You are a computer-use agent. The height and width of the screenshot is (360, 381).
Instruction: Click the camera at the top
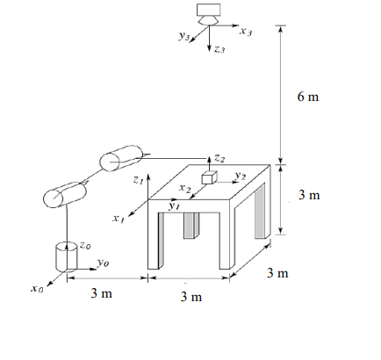click(x=209, y=13)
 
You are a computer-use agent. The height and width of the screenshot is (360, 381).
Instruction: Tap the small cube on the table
click(x=209, y=178)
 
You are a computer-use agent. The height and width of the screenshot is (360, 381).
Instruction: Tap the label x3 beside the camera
click(x=245, y=32)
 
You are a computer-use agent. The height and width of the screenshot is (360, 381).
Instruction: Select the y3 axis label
click(x=184, y=39)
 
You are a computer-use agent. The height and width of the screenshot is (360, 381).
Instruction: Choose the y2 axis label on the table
click(x=238, y=176)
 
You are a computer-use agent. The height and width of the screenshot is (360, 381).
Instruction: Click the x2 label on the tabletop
click(x=184, y=188)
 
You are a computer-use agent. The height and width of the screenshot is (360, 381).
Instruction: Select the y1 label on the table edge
click(x=174, y=206)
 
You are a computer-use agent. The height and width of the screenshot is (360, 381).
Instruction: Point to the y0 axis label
click(x=104, y=262)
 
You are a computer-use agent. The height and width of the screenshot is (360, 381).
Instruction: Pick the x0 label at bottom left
click(x=35, y=288)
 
